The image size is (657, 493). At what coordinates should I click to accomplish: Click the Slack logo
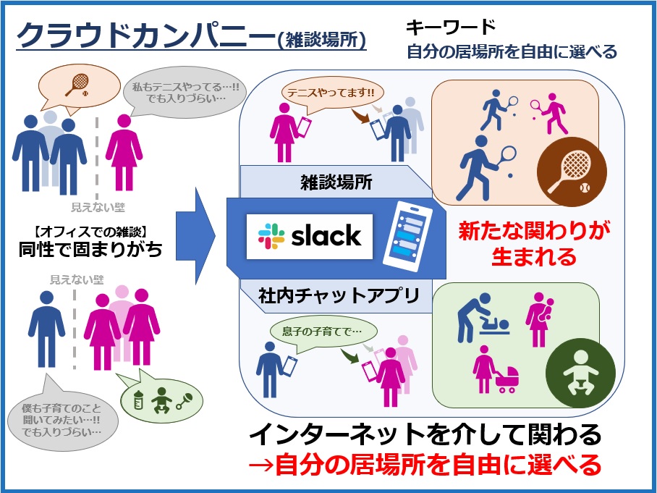click(309, 237)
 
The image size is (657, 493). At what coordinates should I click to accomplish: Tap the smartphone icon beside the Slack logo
click(407, 237)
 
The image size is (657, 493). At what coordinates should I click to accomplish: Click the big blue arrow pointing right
click(195, 236)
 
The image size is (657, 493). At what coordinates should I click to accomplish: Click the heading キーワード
click(451, 27)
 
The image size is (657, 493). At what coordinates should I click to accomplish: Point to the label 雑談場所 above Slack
click(336, 182)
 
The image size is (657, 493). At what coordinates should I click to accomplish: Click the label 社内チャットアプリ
click(339, 295)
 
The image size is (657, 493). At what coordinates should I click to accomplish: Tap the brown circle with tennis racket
click(572, 172)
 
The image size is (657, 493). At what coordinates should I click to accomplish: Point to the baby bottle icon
click(137, 399)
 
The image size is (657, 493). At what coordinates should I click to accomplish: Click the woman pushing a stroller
click(495, 370)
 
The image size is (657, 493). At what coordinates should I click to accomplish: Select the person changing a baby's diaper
click(482, 317)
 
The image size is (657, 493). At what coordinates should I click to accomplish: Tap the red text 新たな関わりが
click(534, 230)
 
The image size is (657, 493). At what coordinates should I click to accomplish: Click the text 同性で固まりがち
click(90, 249)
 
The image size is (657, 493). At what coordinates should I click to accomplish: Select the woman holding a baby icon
click(540, 319)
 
